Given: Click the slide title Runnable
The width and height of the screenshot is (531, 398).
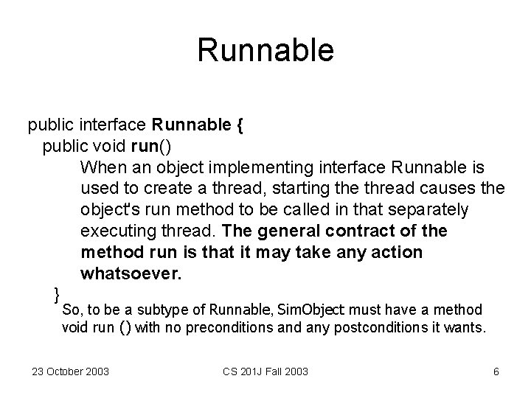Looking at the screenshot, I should (265, 50).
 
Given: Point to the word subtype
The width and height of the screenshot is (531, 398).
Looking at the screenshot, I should (160, 310).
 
